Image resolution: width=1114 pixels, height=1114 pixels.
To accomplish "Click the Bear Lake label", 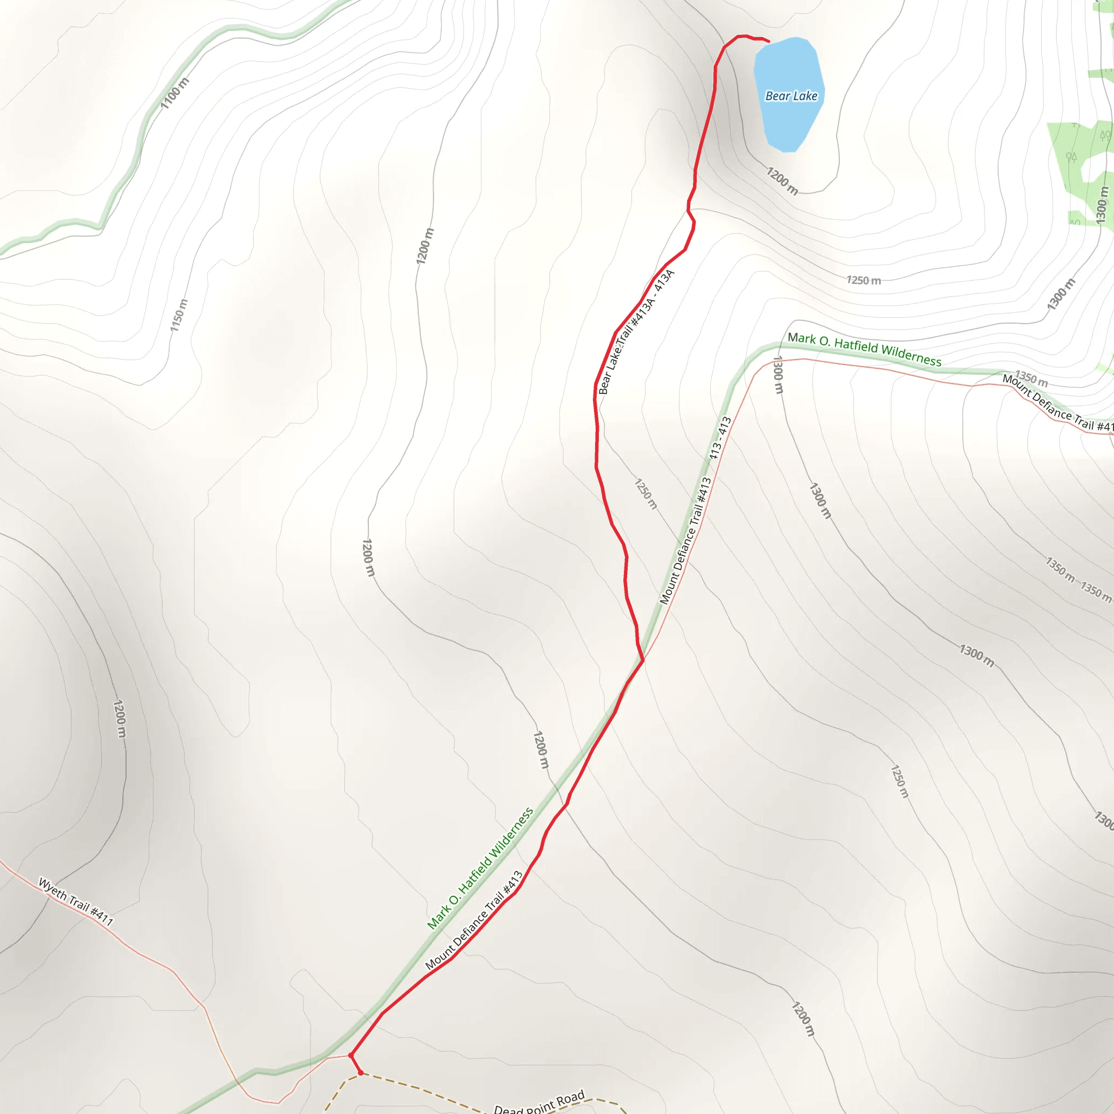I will (791, 96).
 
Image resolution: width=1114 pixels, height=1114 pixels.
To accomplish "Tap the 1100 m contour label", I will (174, 94).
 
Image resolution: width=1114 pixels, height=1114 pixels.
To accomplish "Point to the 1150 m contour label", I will (179, 315).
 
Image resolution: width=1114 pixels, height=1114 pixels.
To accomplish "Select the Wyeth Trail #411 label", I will (76, 901).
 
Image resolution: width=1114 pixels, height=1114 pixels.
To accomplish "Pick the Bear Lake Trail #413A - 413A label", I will (636, 332).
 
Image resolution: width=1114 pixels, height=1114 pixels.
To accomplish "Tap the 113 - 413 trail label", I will (720, 438).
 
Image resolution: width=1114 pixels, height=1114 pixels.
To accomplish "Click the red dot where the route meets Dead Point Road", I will (361, 1073).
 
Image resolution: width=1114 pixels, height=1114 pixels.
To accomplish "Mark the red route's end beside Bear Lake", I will (768, 41).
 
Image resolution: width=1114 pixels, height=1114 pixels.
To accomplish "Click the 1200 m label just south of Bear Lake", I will (782, 181).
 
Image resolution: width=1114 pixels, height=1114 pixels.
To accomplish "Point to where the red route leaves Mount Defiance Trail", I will (642, 661).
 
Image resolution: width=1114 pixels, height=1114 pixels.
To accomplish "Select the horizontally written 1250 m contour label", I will (863, 280).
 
